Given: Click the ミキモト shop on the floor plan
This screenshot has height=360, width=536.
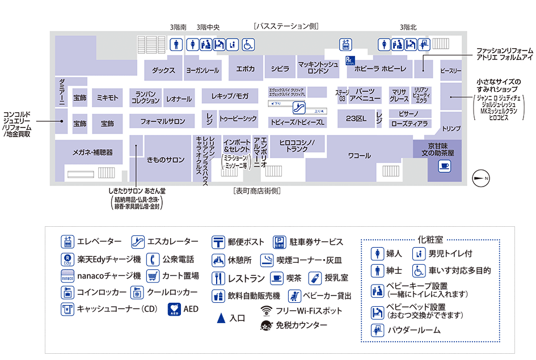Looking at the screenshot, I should pos(107,98).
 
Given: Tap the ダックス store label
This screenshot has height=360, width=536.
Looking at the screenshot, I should pos(163,70).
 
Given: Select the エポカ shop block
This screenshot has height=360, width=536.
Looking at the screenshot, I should pos(245,69).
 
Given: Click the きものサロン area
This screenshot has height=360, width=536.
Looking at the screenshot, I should pos(166,160).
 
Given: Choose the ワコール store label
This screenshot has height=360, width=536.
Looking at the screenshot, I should pos(360,155).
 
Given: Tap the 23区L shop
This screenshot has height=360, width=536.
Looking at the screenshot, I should pos(356,118).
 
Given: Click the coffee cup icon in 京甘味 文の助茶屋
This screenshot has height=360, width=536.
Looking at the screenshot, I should pos(444,166).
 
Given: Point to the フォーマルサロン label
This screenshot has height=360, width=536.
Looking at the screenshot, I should pos(163,121).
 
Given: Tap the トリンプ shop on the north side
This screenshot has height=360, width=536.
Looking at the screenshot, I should pos(451,129).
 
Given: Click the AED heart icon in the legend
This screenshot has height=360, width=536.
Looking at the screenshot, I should pos(175,309).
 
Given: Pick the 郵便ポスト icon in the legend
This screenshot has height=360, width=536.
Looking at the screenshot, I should pos(219,242).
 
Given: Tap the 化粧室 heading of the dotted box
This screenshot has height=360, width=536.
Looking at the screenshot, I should pos(430,240).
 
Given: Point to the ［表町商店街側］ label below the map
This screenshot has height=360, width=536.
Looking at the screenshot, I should pos(257,191).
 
